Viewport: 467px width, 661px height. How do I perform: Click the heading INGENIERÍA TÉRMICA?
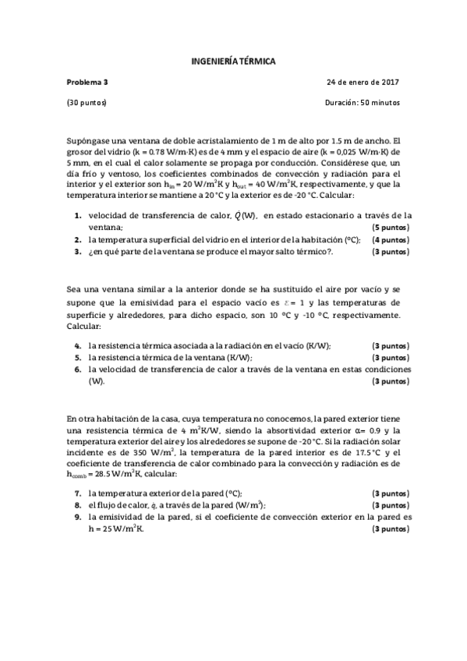(x=233, y=60)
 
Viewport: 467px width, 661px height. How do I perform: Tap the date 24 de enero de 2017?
(x=363, y=82)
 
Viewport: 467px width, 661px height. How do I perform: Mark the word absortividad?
(x=297, y=430)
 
